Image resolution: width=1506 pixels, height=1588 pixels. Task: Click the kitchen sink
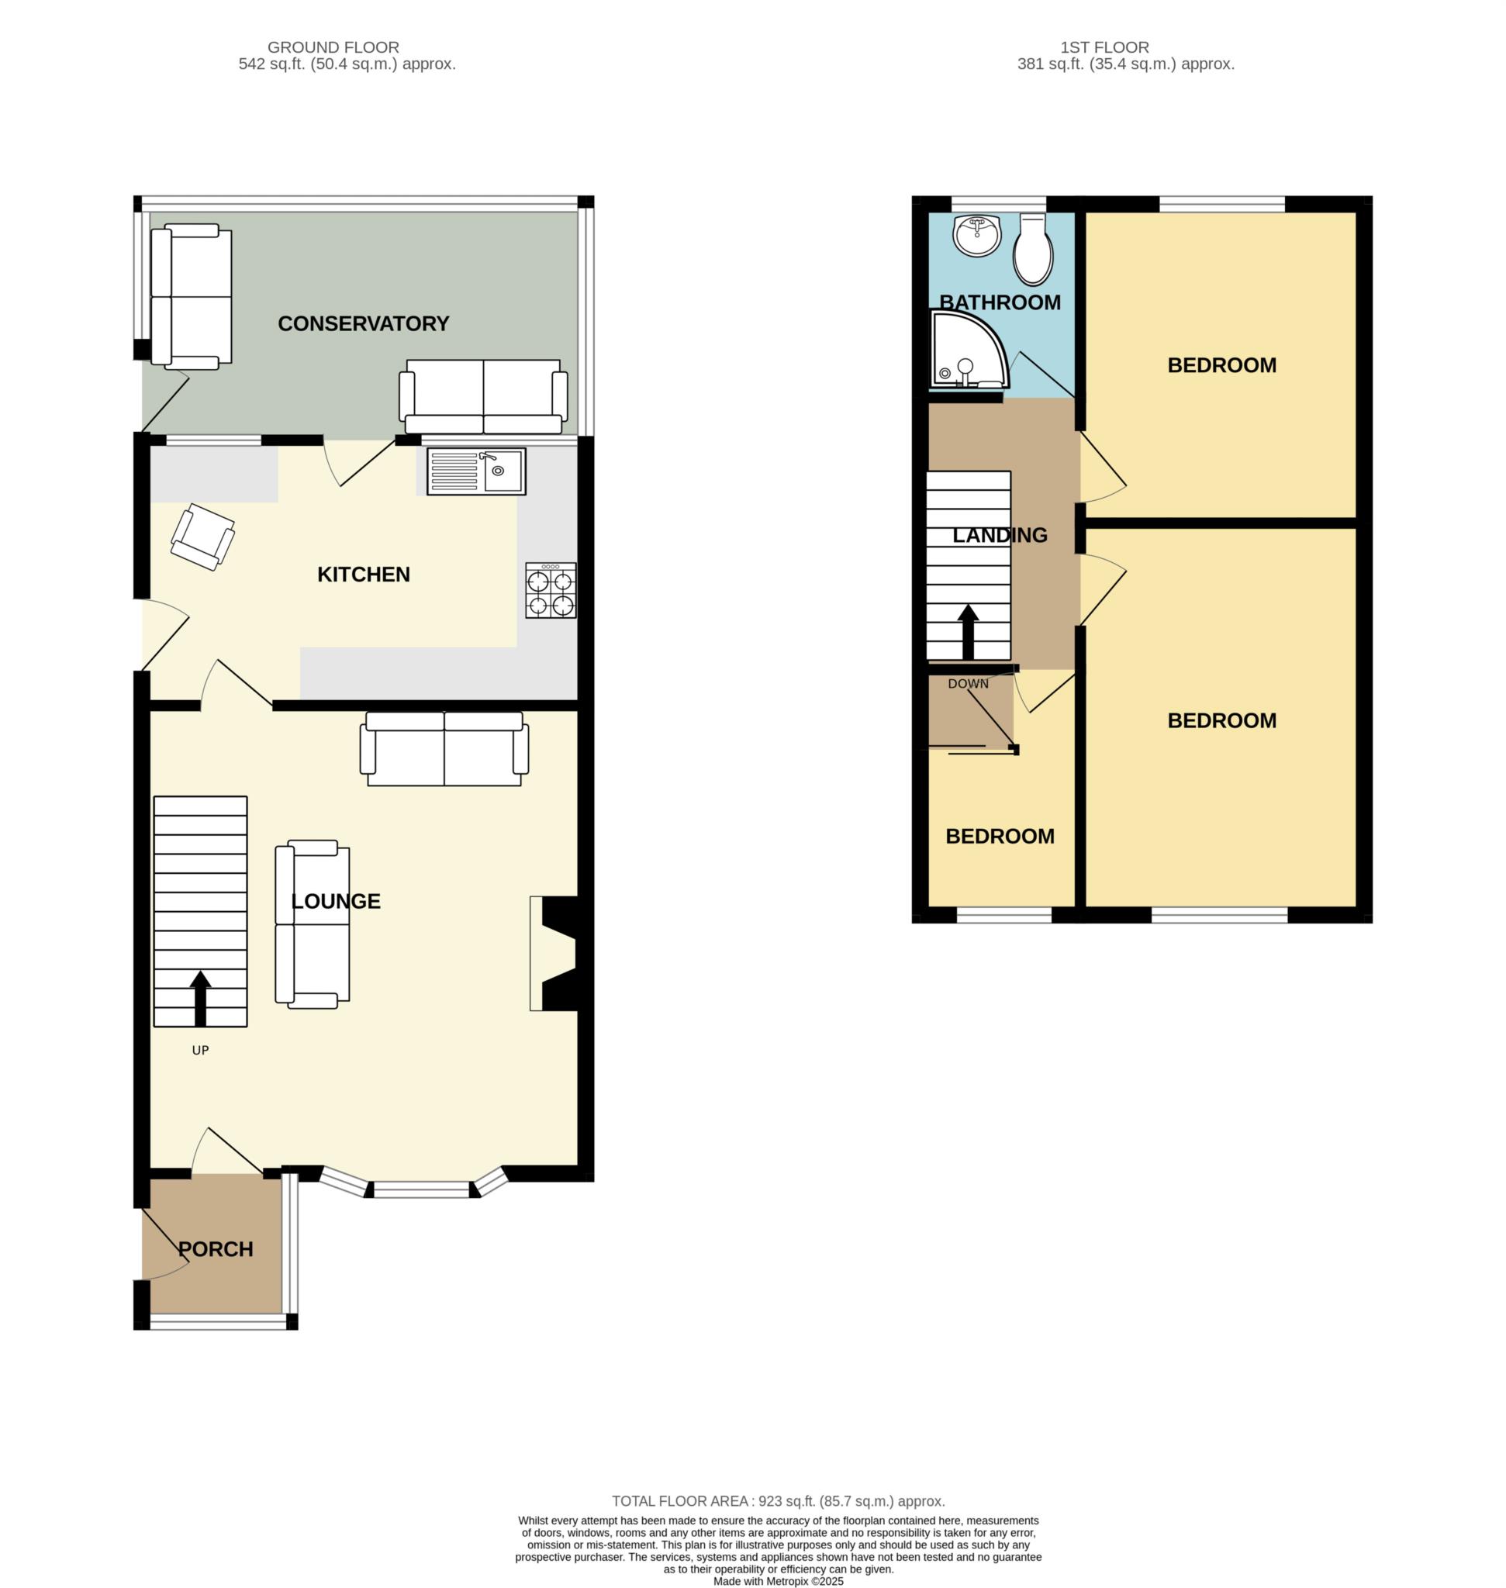click(476, 471)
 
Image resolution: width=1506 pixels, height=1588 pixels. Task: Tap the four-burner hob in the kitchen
click(551, 590)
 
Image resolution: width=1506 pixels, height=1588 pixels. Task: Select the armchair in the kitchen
click(202, 537)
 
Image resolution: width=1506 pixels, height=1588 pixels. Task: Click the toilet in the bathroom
click(1033, 249)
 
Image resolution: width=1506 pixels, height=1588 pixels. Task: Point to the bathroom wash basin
click(977, 235)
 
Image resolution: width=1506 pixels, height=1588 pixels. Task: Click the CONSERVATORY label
click(363, 323)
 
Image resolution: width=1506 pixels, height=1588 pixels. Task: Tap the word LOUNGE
click(336, 901)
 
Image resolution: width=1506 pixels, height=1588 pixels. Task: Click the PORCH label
click(215, 1249)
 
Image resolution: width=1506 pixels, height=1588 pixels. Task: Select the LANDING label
click(1000, 535)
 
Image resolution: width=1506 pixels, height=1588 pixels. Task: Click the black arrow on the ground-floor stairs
click(200, 998)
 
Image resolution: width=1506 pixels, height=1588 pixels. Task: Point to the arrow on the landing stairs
click(968, 632)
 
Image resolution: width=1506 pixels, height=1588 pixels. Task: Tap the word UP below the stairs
click(200, 1050)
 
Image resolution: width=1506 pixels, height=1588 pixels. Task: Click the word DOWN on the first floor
click(968, 684)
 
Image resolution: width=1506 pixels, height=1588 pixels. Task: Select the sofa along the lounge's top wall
click(444, 749)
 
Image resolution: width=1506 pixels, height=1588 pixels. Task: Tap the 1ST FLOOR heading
click(1104, 47)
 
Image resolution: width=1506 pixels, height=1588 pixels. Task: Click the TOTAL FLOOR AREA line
click(778, 1501)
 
